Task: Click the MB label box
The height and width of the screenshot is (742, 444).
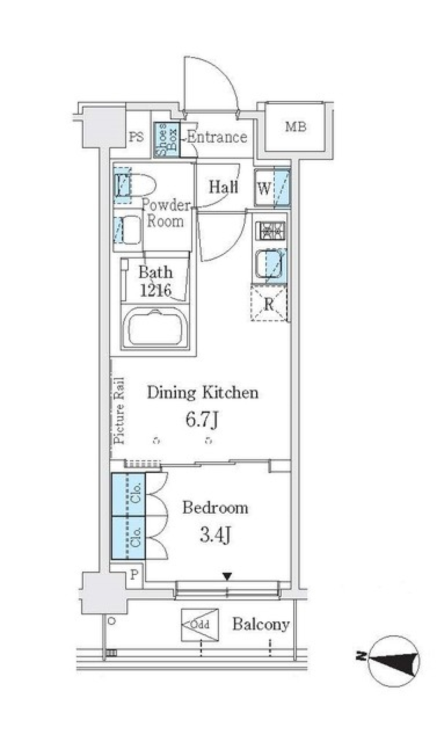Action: pyautogui.click(x=295, y=127)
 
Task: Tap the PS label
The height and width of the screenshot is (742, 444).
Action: pyautogui.click(x=136, y=137)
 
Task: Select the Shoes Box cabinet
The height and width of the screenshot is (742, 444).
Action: pyautogui.click(x=167, y=140)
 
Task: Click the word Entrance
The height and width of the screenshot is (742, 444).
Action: pyautogui.click(x=217, y=137)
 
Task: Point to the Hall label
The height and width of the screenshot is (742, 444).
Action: pyautogui.click(x=223, y=187)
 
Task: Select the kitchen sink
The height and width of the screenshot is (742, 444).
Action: pyautogui.click(x=269, y=265)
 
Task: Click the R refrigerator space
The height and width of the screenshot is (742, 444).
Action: pyautogui.click(x=269, y=304)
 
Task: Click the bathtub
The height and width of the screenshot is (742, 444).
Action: pyautogui.click(x=155, y=329)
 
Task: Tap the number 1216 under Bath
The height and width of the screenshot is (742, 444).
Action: pyautogui.click(x=156, y=291)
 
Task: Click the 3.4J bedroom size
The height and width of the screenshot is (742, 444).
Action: pyautogui.click(x=216, y=535)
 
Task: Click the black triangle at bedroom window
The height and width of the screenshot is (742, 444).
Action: pyautogui.click(x=227, y=576)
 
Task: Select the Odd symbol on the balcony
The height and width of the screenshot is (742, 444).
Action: pyautogui.click(x=200, y=625)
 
